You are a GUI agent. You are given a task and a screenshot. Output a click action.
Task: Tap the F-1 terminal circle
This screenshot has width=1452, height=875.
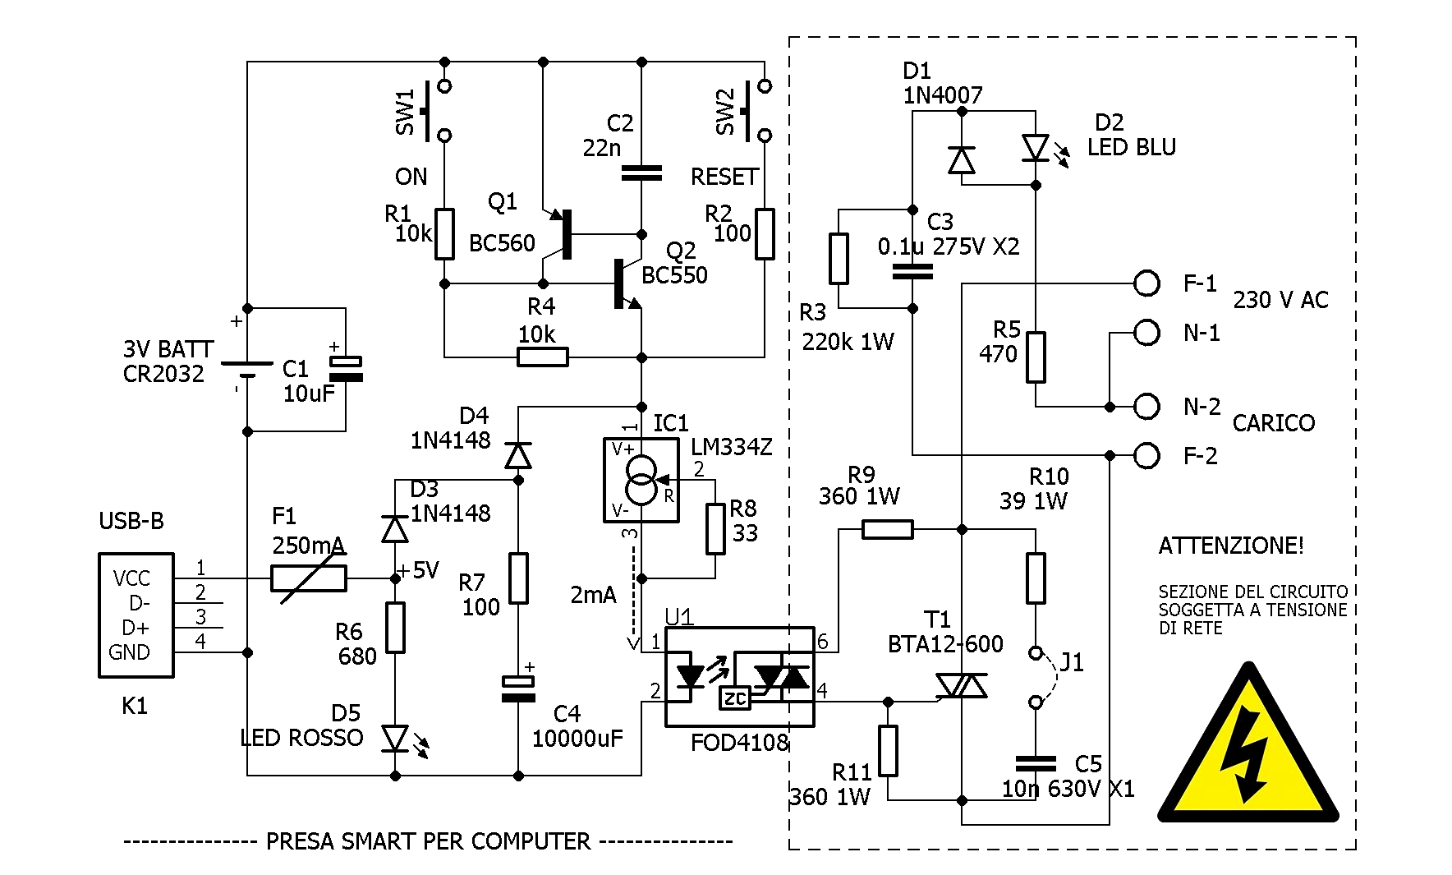(1146, 283)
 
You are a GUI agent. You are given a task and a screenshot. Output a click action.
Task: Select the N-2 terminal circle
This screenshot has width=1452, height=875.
(1146, 406)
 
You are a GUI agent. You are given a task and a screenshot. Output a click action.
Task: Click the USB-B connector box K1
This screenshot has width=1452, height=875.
(136, 615)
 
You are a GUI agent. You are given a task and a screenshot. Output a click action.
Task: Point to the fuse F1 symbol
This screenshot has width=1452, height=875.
(308, 578)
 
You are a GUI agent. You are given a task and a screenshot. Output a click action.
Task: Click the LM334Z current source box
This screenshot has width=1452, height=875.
(641, 480)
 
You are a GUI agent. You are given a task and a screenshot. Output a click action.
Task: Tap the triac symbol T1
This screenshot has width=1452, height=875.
(962, 685)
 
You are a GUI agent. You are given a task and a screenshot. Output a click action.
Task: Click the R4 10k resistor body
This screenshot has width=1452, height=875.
(542, 357)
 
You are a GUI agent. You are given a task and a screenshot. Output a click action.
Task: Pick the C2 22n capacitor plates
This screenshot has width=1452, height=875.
(641, 173)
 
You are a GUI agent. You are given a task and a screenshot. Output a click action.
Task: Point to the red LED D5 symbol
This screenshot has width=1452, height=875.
(396, 738)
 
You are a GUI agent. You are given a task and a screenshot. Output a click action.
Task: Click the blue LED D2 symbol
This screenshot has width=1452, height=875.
(1036, 149)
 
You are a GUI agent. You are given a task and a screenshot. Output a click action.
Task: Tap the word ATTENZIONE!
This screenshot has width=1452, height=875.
(1230, 546)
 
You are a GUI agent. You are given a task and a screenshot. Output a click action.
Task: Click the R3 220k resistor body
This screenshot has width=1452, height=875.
(839, 259)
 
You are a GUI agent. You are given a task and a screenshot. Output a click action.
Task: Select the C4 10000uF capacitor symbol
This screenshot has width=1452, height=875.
(518, 688)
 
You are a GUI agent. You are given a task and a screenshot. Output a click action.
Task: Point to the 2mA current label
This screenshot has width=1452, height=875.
(593, 595)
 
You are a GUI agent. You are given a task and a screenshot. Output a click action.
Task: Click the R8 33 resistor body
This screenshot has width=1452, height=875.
(715, 529)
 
